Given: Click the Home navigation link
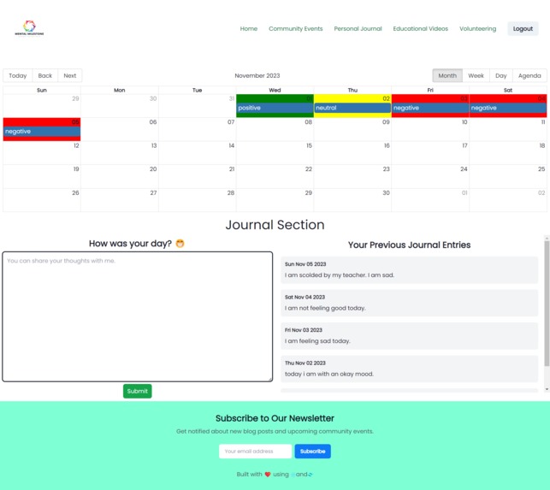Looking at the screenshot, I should [x=249, y=29].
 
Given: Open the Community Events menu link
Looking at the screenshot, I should [x=296, y=29].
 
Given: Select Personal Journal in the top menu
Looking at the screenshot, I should [x=358, y=29].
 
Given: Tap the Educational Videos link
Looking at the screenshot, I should [x=420, y=29].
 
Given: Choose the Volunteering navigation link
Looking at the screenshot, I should [x=477, y=29].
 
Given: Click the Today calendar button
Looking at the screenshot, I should [x=18, y=76].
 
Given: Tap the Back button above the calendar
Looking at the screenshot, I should [x=45, y=76].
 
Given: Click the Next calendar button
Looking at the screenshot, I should [x=70, y=76].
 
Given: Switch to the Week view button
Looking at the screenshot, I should [x=476, y=76].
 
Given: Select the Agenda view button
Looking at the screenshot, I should [x=529, y=76].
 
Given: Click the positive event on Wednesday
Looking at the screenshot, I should [x=275, y=109].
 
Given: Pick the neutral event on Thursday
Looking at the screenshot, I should [x=352, y=109].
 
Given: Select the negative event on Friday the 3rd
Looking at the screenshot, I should [x=429, y=109].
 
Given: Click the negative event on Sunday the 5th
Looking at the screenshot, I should [x=41, y=132].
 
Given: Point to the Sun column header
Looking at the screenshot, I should [x=42, y=90].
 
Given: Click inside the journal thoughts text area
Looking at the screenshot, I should [x=137, y=316].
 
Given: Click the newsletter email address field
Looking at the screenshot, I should [x=256, y=452].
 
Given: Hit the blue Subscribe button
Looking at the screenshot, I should [x=312, y=452].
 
